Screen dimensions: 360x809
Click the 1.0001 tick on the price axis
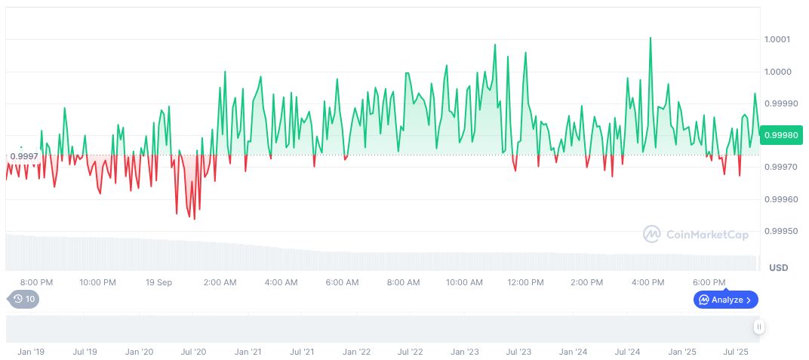777,39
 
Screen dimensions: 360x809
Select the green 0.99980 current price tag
781,135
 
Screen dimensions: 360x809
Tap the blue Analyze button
725,300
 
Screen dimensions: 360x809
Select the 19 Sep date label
158,282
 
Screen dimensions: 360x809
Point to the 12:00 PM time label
525,282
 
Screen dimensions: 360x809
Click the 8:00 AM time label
403,282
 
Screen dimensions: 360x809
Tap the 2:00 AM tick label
220,282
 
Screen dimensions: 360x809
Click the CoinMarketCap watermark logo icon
651,235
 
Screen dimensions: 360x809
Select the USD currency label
778,268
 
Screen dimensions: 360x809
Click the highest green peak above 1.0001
651,38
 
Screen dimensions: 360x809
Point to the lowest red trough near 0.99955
195,219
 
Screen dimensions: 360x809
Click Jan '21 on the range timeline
248,352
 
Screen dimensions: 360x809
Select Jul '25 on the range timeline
736,352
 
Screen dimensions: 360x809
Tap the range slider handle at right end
758,327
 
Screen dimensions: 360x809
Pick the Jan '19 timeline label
30,352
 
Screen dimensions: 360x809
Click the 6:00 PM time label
709,282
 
